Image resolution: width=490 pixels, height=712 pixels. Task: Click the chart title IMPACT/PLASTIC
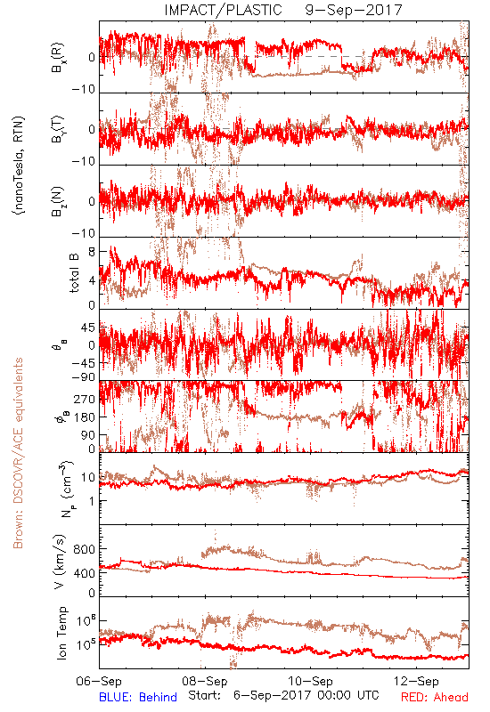point(224,10)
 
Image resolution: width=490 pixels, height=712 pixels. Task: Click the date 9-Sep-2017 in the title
point(354,10)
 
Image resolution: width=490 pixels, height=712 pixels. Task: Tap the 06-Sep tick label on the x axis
point(99,681)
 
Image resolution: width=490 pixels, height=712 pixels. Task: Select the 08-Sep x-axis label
point(205,681)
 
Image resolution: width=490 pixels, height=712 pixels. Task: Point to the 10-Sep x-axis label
point(310,681)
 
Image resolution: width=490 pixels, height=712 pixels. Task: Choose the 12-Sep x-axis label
point(416,681)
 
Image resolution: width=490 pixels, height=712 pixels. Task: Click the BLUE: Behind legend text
point(138,697)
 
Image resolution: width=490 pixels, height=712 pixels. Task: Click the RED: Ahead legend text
point(435,697)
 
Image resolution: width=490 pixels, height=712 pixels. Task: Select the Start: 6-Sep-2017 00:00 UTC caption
point(283,695)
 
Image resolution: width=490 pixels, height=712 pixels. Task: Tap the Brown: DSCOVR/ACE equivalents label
point(18,453)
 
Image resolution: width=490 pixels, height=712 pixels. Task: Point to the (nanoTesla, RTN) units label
point(19,166)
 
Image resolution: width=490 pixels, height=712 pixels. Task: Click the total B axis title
point(74,272)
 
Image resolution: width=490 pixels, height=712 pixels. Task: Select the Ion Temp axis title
point(61,633)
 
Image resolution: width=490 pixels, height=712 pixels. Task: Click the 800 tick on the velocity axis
point(85,549)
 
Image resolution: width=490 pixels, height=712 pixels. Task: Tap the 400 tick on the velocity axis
point(85,573)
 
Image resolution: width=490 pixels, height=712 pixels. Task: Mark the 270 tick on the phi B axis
point(85,399)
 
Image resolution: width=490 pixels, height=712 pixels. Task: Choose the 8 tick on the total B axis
point(92,252)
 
